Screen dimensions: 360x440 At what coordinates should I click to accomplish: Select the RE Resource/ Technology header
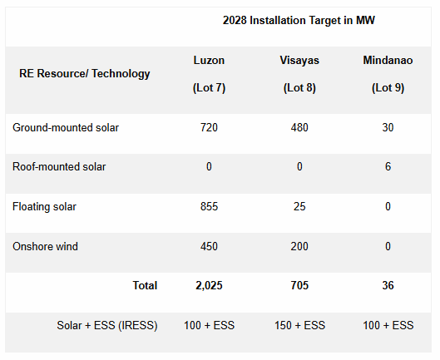pos(85,73)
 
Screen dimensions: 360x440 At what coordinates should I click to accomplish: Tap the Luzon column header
pos(209,61)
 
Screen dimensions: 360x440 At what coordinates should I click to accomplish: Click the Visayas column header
pos(299,61)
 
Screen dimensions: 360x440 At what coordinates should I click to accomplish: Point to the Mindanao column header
pos(384,61)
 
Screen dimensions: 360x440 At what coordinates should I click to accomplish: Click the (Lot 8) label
pos(299,87)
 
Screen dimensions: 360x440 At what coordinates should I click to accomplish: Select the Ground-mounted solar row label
pos(66,127)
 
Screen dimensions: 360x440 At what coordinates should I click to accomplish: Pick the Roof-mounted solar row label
pos(59,166)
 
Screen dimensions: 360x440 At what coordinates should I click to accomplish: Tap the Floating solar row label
pos(46,206)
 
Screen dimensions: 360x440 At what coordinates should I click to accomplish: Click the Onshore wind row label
pos(46,246)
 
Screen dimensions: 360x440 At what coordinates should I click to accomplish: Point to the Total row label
pos(145,285)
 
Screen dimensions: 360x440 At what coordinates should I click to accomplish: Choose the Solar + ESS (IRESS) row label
pos(107,325)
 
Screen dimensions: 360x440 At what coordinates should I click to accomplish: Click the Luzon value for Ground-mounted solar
pos(209,127)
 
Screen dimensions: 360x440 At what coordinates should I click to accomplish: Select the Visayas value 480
pos(299,127)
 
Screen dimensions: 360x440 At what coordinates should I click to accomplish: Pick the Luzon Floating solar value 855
pos(209,206)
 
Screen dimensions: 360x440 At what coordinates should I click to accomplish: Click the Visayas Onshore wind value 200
pos(299,246)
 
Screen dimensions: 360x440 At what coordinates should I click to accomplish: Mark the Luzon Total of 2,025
pos(209,285)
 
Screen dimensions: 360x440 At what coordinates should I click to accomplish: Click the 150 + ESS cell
pos(299,325)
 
